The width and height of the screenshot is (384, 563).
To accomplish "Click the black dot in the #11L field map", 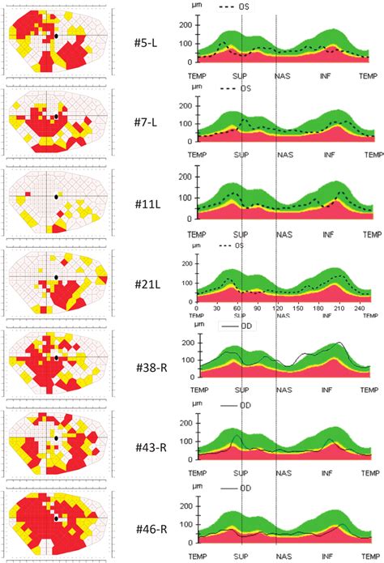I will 56,196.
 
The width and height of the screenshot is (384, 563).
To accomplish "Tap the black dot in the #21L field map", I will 57,277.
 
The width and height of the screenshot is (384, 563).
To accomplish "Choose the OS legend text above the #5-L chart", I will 244,6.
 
